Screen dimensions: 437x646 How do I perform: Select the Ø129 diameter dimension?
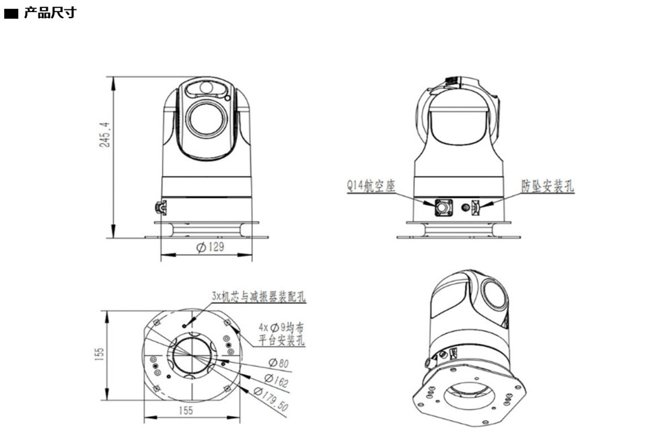(x=209, y=247)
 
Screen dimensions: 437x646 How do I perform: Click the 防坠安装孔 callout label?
(x=548, y=186)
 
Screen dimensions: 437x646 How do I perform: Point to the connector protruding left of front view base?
(x=161, y=207)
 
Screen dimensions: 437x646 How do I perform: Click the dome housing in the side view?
(x=458, y=125)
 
